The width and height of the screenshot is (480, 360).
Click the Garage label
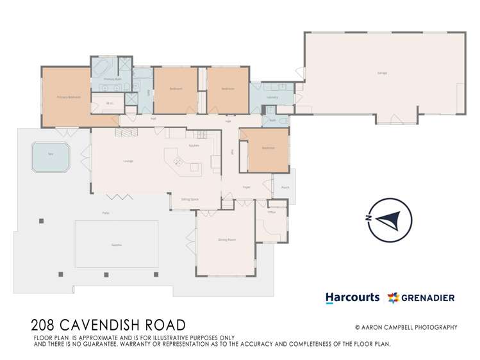tap(382, 73)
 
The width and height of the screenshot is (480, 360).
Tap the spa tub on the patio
tap(51, 157)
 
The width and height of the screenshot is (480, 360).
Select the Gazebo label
tap(116, 245)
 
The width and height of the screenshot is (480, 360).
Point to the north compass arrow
tap(388, 218)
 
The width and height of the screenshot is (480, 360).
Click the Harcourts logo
tap(352, 297)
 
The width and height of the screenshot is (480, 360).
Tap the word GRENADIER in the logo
tap(427, 297)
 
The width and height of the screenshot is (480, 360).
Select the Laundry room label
tap(272, 97)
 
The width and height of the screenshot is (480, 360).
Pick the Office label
tap(271, 212)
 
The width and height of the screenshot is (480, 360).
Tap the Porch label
tap(285, 188)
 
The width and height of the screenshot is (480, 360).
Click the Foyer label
tap(245, 188)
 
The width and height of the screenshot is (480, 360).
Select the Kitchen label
tap(194, 145)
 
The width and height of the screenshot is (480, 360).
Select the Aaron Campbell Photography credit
tap(406, 327)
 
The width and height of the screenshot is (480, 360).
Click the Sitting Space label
tap(190, 199)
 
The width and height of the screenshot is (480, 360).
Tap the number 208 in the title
tap(43, 325)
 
